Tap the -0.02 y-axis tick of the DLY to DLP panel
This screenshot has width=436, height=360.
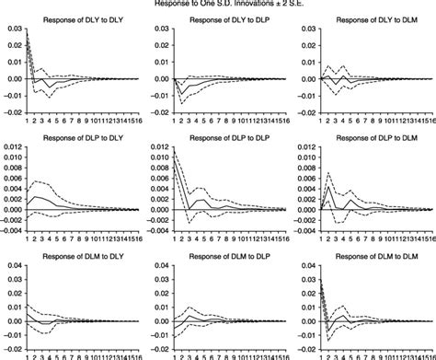tap(157, 111)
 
